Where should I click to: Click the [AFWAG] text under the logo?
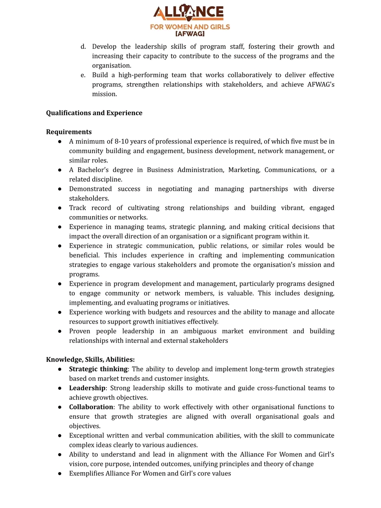(x=190, y=34)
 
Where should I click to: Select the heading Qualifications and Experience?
(x=94, y=113)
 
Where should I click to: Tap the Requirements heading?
(x=69, y=132)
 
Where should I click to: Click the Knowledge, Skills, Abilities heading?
(x=90, y=359)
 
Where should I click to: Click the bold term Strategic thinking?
(x=98, y=369)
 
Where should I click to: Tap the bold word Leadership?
(x=87, y=388)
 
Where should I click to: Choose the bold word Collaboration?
(x=91, y=407)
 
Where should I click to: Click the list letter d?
(x=83, y=47)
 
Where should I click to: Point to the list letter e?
(x=83, y=75)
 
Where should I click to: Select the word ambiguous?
(x=200, y=331)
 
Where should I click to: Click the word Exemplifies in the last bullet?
(x=86, y=473)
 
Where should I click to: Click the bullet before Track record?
(x=60, y=208)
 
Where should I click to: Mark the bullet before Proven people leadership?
(x=60, y=331)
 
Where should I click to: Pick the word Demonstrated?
(x=90, y=189)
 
